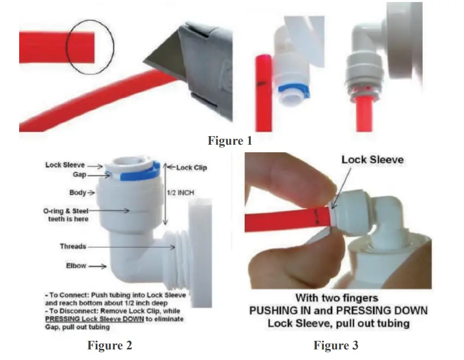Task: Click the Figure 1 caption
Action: click(x=230, y=141)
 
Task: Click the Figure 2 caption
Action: click(x=109, y=345)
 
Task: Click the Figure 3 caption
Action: click(x=336, y=345)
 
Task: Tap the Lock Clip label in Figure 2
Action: click(x=191, y=167)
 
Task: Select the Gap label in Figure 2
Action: click(x=80, y=174)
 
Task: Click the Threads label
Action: click(x=73, y=247)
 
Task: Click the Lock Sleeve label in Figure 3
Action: click(x=372, y=160)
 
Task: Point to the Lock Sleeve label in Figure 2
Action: click(x=65, y=165)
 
